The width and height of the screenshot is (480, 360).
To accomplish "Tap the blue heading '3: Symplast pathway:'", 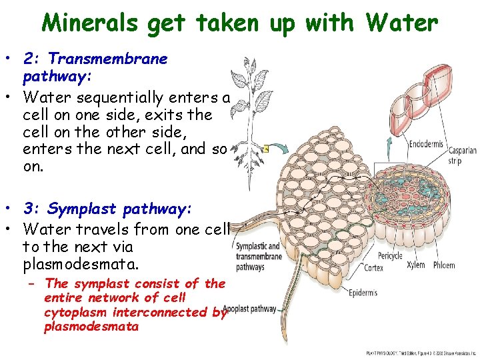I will click(107, 209).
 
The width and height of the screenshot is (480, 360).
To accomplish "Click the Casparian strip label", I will click(461, 155).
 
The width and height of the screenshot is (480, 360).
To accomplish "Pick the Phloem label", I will click(443, 265).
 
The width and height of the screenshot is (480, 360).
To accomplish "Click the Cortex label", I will click(373, 268).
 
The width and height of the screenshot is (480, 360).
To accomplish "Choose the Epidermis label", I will click(362, 293).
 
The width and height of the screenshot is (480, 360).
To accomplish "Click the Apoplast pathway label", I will click(251, 309).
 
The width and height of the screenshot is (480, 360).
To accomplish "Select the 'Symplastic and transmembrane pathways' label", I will click(258, 257).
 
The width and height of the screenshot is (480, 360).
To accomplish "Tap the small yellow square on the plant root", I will click(265, 149).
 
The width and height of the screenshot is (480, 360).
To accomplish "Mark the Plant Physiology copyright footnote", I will click(421, 352).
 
